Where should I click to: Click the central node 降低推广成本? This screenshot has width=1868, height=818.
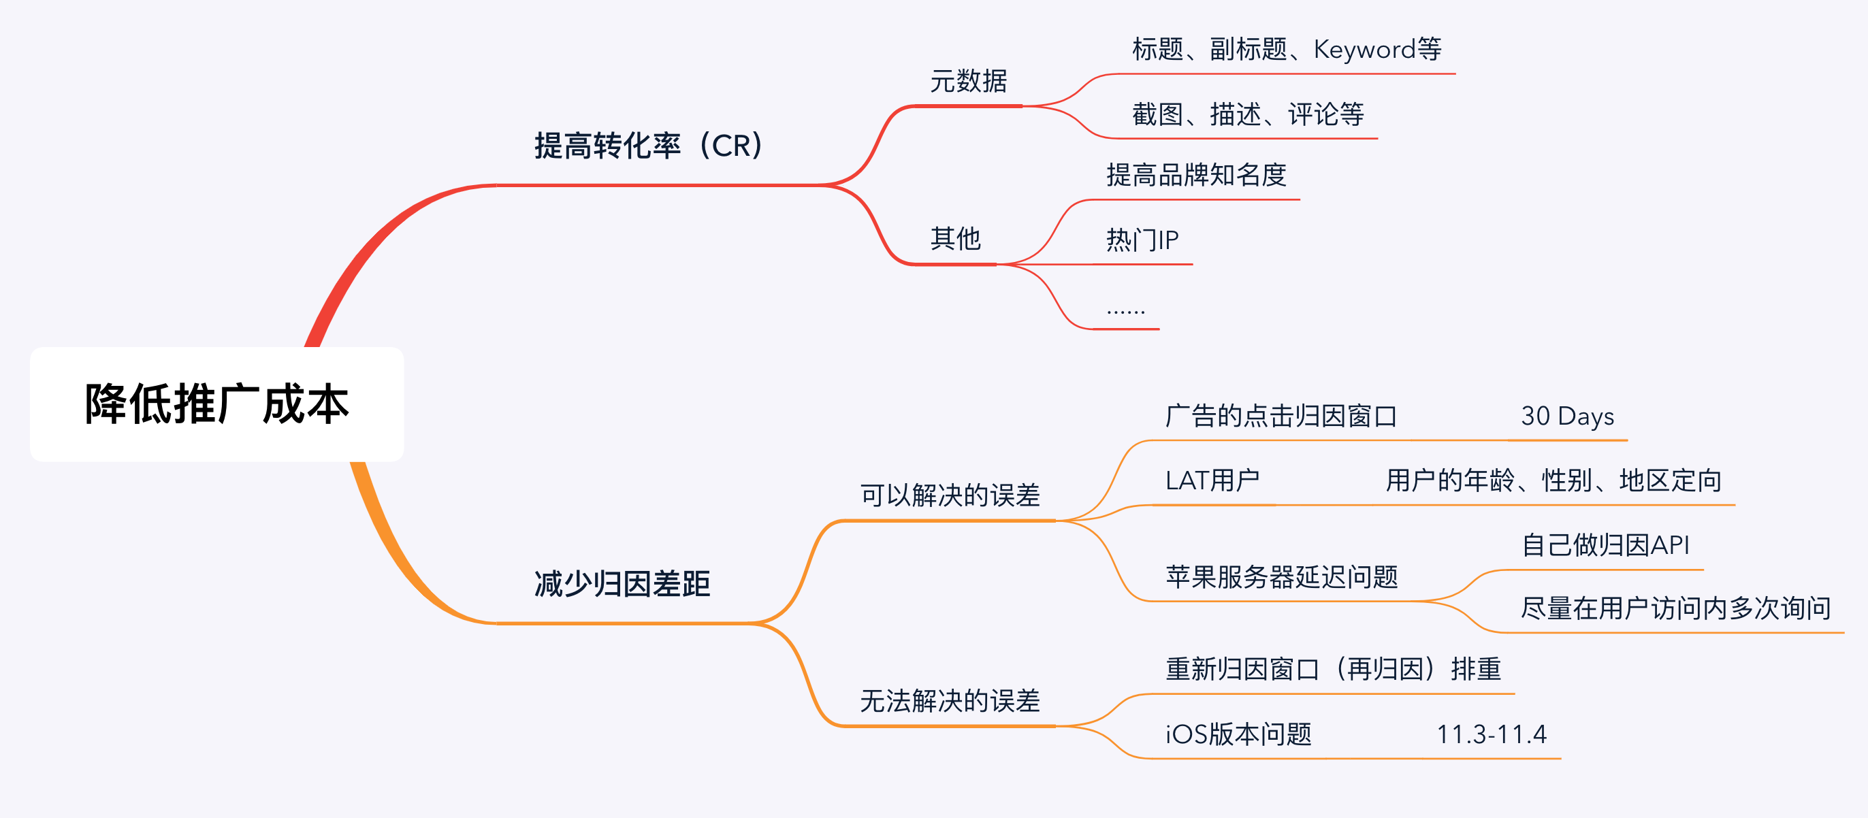[x=216, y=404]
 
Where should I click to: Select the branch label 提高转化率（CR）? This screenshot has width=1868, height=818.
[x=648, y=146]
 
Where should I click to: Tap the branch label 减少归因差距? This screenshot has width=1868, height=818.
[x=622, y=584]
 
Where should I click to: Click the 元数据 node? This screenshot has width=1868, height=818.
[x=968, y=81]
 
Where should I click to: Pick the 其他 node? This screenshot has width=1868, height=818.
[x=955, y=239]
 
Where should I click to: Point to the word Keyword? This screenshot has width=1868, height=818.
[x=1364, y=49]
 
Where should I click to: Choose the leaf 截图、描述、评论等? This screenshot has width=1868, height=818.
[x=1247, y=114]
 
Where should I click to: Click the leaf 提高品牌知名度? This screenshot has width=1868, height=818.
[x=1196, y=175]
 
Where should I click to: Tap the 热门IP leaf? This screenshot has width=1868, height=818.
[x=1142, y=240]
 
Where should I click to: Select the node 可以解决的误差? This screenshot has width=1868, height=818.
[x=950, y=495]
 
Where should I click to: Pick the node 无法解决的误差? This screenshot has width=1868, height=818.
[x=950, y=700]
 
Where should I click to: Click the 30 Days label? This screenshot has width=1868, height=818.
[x=1567, y=416]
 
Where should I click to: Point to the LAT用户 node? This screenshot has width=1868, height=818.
[x=1212, y=480]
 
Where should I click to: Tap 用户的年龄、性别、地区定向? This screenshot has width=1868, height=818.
[x=1553, y=480]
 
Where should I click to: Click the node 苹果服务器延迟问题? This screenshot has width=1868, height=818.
[x=1281, y=576]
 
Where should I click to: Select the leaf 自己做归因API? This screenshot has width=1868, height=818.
[x=1605, y=544]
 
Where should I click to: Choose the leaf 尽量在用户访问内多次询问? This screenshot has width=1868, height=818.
[x=1675, y=608]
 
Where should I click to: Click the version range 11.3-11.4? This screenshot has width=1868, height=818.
[x=1492, y=734]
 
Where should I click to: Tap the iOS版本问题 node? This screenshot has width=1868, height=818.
[x=1238, y=734]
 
